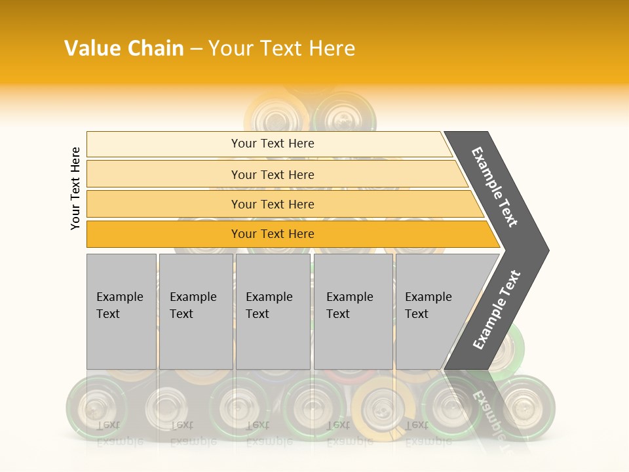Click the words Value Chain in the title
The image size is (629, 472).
(124, 49)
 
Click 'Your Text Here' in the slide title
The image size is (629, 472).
(282, 49)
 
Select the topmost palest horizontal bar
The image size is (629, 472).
(164, 144)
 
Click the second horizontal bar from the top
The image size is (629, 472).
(164, 174)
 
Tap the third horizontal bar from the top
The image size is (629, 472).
(164, 204)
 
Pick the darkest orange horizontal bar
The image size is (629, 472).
(164, 234)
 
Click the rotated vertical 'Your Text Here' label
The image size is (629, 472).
(75, 188)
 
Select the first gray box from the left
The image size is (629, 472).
(121, 311)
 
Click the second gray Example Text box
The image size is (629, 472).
(196, 311)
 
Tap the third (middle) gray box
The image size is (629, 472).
(273, 311)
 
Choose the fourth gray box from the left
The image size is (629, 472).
(353, 311)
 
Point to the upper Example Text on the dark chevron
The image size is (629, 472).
(495, 187)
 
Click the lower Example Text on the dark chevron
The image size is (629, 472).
(497, 309)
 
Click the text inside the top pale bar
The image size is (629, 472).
(273, 144)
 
